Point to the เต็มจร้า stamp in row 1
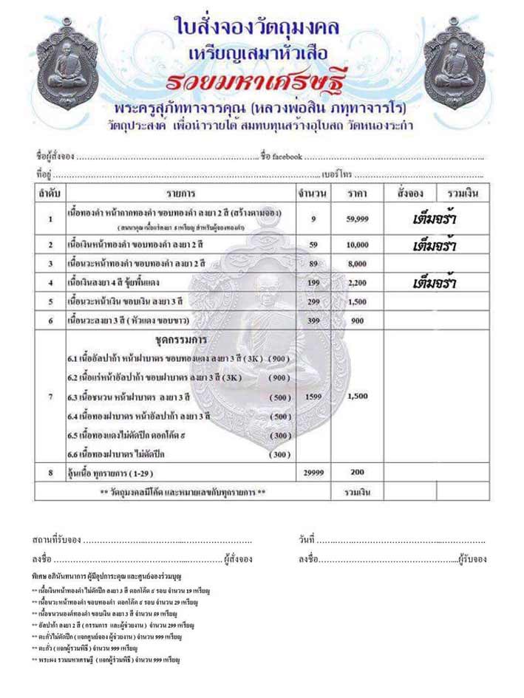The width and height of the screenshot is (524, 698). pos(432,219)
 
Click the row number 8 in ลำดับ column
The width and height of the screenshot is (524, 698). pos(50,472)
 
